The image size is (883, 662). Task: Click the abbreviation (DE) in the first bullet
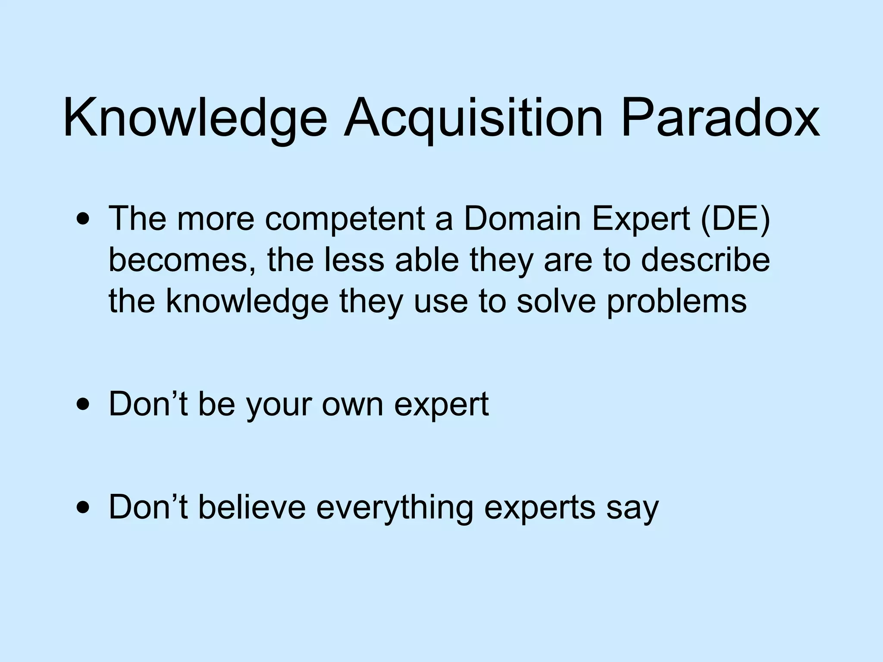coord(736,219)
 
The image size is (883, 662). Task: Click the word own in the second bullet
coord(353,405)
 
